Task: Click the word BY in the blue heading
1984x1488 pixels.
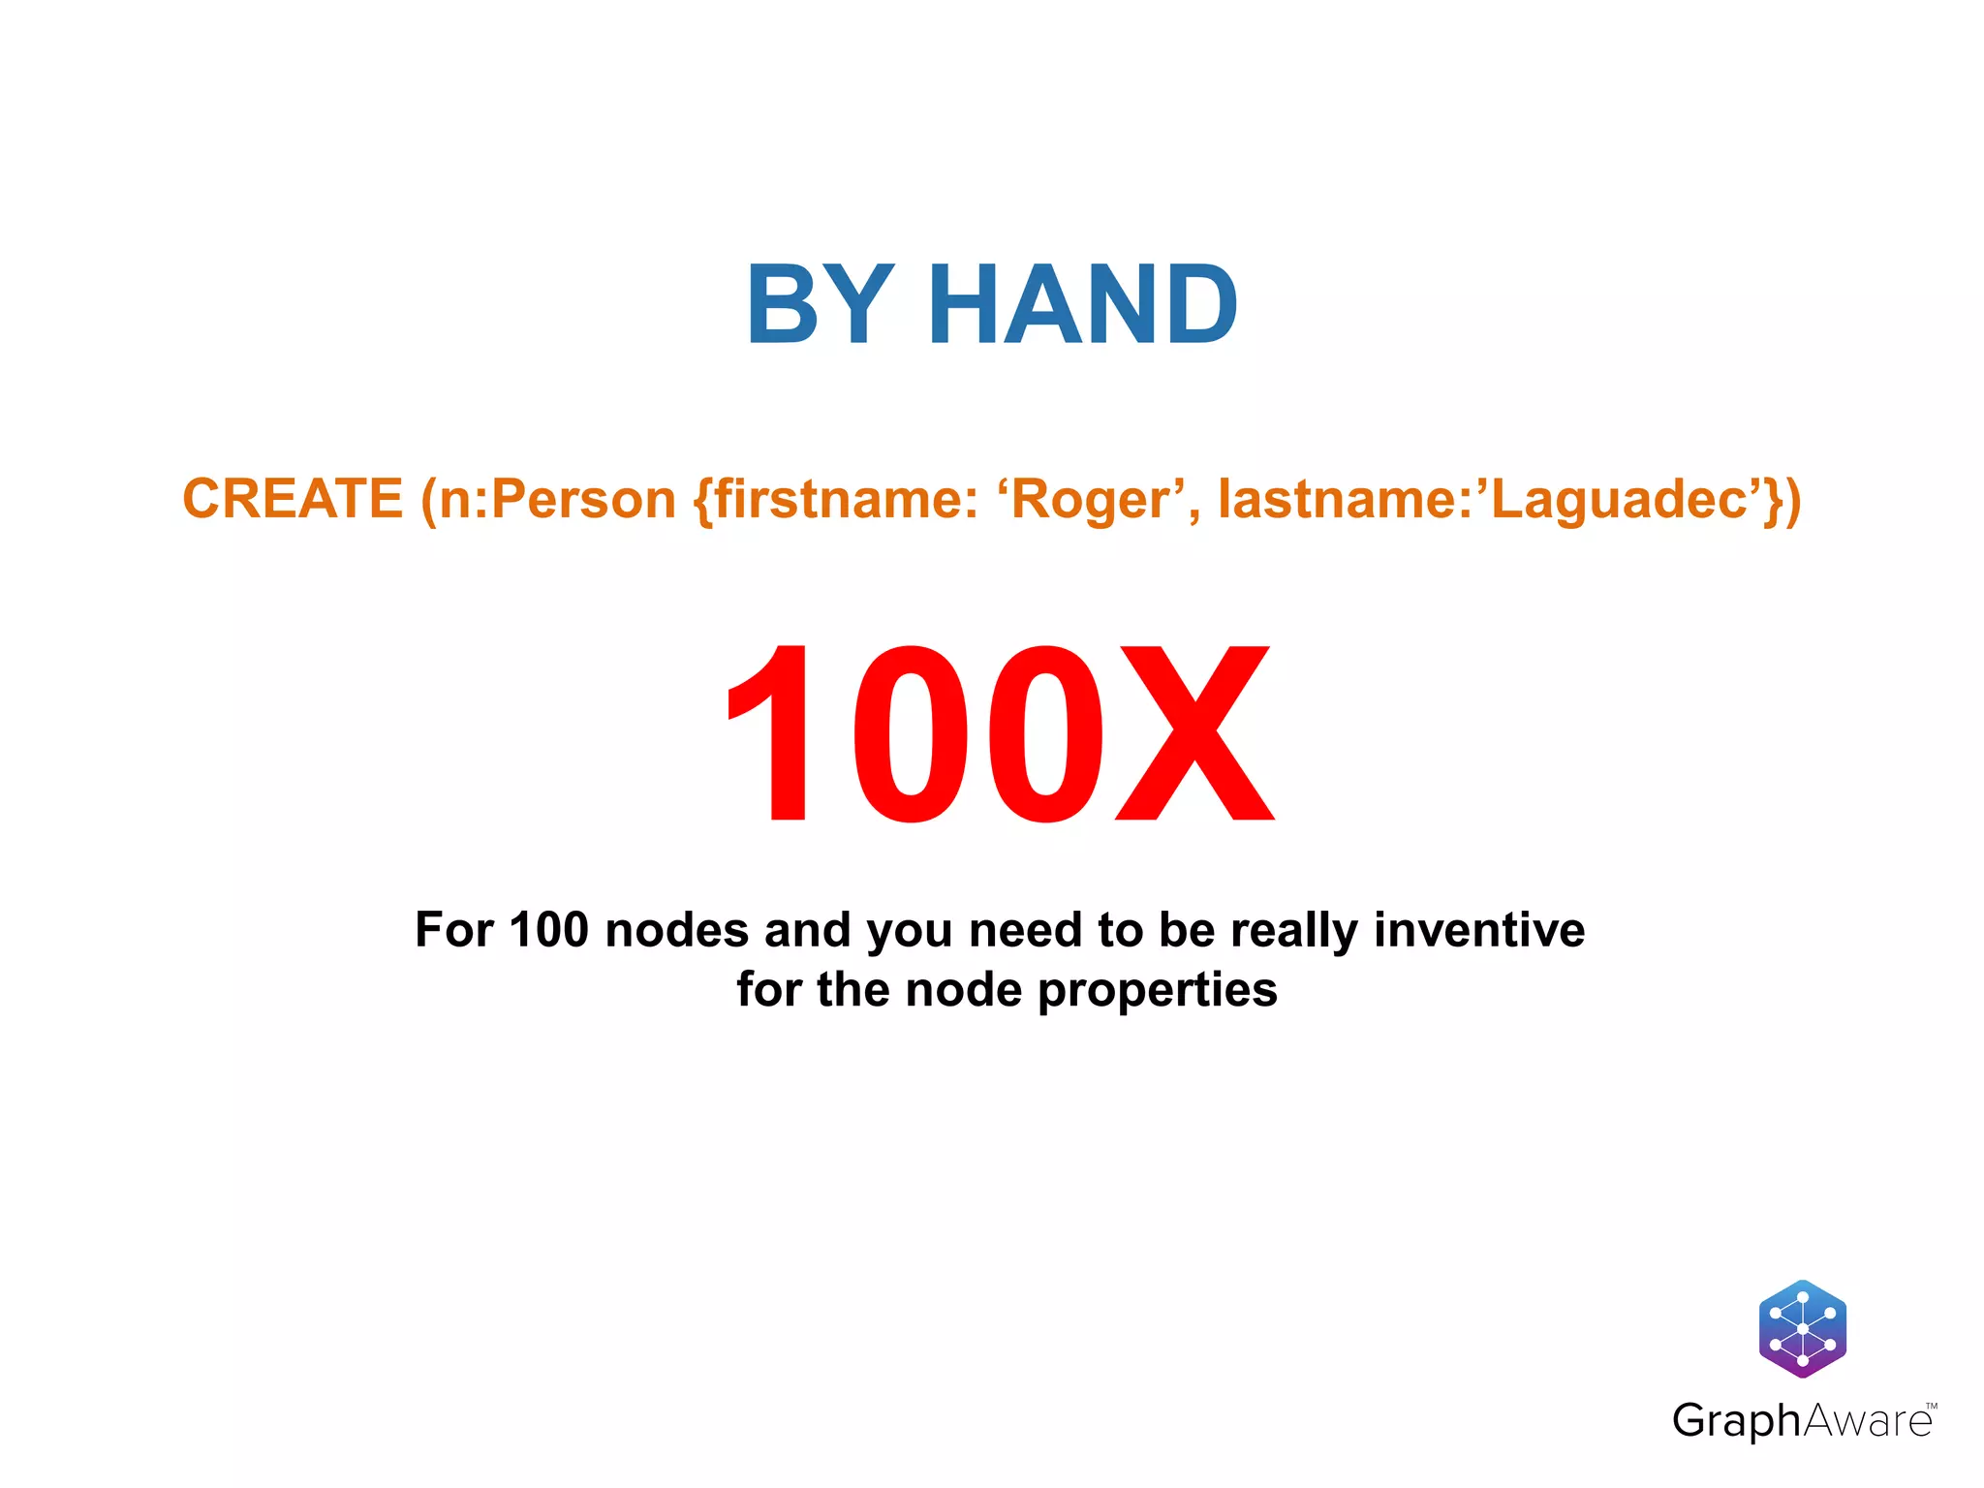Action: click(820, 305)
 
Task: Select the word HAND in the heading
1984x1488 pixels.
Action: click(1082, 305)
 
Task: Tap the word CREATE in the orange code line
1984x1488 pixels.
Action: click(293, 499)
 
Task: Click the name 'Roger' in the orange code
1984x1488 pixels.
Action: click(1090, 500)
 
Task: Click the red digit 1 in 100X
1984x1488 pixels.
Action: click(775, 733)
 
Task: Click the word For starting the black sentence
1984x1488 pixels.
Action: click(453, 929)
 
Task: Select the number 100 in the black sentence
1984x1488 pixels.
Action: click(548, 929)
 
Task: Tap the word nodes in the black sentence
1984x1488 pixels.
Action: click(676, 929)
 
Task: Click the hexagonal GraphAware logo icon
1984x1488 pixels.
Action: click(1802, 1328)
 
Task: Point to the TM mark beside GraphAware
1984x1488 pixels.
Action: click(1931, 1406)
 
